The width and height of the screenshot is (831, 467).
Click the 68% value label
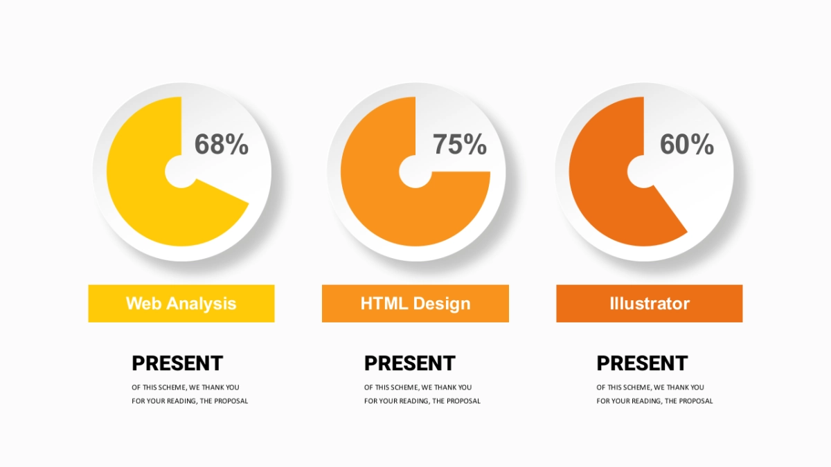pos(222,144)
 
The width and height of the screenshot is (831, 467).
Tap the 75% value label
pos(460,144)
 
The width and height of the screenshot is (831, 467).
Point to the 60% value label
pos(687,144)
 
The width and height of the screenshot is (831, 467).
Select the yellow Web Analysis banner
pos(181,304)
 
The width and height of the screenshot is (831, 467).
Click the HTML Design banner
pos(415,304)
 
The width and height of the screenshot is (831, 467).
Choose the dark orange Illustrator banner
pos(650,304)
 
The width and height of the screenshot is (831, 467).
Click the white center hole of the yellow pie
pos(181,172)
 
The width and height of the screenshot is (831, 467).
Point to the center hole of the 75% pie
pos(415,172)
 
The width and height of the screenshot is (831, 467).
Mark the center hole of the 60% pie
pos(643,172)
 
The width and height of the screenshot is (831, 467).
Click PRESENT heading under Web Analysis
pos(177,363)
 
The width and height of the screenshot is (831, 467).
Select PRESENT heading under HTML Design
pos(410,363)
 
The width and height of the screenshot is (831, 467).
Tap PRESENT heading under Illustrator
pos(642,363)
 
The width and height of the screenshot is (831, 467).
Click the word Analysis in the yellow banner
pos(201,304)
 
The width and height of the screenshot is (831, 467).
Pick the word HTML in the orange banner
pos(384,303)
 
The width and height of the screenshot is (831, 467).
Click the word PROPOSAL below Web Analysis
pos(231,401)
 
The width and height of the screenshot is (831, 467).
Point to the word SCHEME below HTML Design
pos(403,387)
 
